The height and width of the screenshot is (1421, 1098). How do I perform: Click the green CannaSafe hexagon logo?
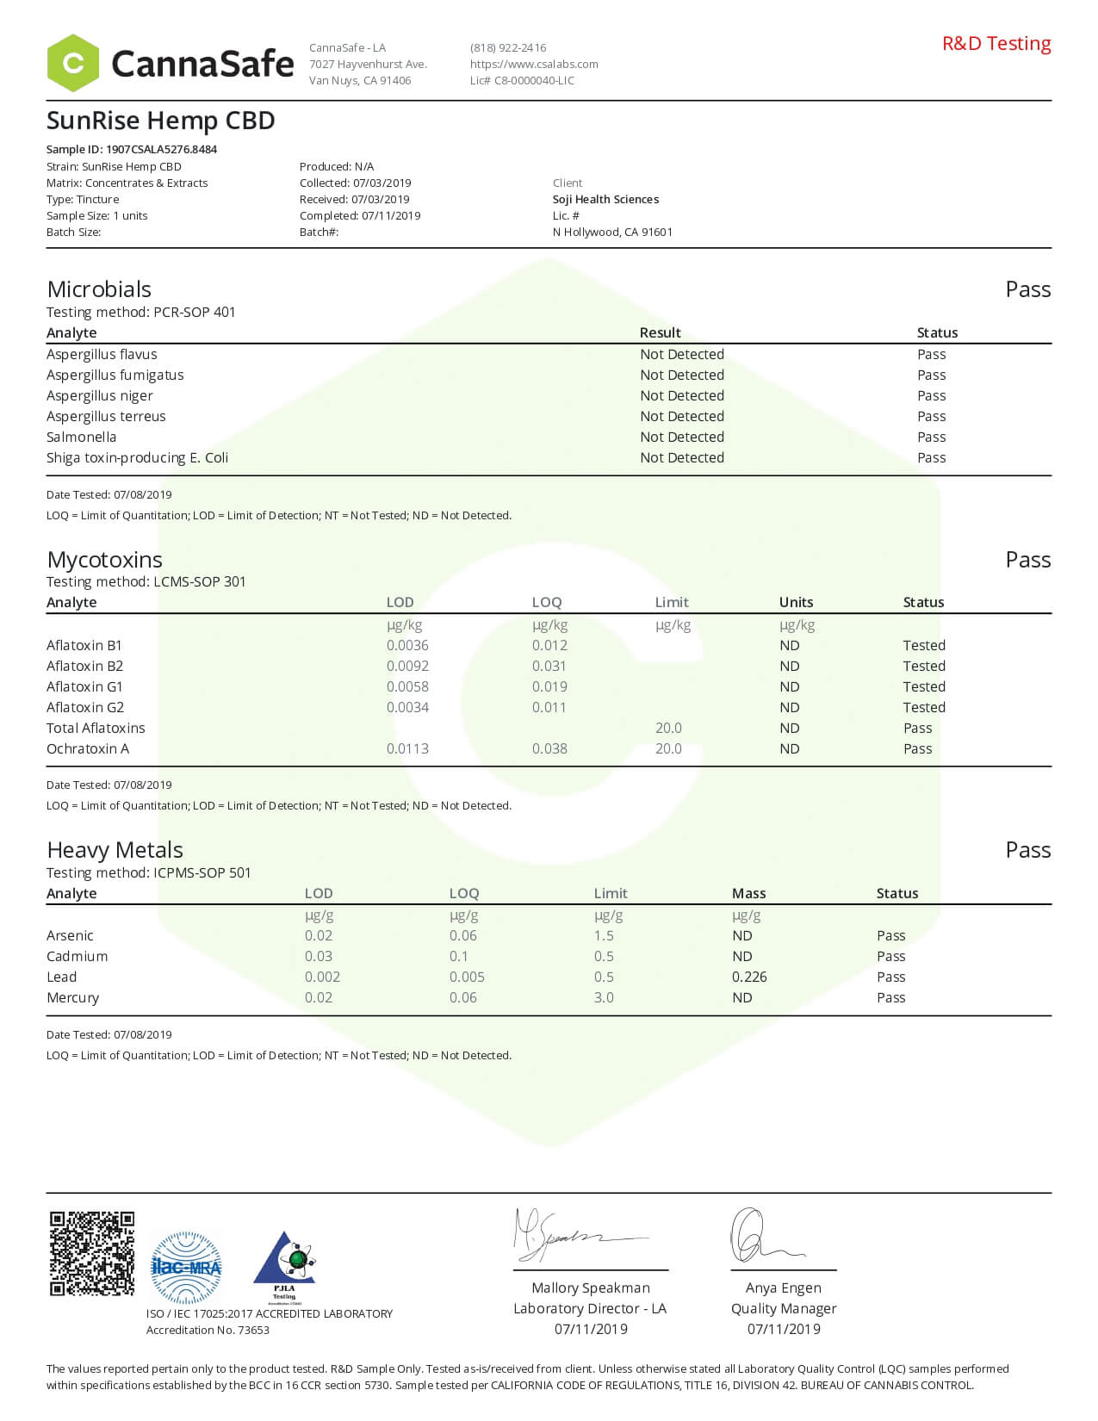coord(73,63)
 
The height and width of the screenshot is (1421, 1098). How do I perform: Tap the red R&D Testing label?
coord(996,43)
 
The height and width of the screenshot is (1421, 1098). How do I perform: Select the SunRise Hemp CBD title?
coord(160,121)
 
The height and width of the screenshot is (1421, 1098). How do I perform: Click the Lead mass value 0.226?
coord(748,977)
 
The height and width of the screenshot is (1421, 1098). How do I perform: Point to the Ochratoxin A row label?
coord(88,748)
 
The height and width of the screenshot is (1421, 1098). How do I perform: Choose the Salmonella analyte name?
coord(81,437)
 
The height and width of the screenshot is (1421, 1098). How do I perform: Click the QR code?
coord(91,1253)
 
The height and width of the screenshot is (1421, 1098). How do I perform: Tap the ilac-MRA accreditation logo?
coord(186,1267)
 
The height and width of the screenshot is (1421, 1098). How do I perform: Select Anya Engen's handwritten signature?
coord(762,1237)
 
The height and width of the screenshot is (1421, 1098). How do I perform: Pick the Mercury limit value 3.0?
coord(604,997)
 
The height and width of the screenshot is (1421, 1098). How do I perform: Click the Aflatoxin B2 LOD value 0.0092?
coord(407,666)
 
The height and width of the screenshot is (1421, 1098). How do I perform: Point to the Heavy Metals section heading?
coord(115,850)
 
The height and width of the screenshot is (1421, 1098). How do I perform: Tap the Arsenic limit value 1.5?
coord(604,935)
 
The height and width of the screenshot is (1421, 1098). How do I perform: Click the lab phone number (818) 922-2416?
coord(508,47)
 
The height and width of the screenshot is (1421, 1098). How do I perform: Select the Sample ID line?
coord(132,149)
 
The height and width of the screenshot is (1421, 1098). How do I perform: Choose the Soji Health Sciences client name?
coord(605,199)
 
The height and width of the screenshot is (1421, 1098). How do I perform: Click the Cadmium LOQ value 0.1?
coord(459,956)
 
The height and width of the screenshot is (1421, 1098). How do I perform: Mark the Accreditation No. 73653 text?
coord(208,1330)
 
